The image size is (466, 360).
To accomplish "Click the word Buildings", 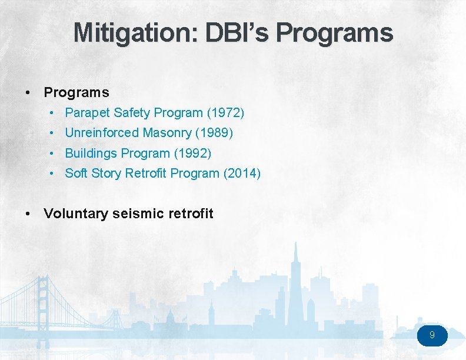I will click(91, 154).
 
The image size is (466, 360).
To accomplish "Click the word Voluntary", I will click(75, 214).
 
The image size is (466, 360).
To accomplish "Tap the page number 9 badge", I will click(432, 335).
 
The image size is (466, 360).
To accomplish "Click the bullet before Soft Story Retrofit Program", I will click(52, 174).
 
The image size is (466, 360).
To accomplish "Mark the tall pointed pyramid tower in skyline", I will click(298, 276).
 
